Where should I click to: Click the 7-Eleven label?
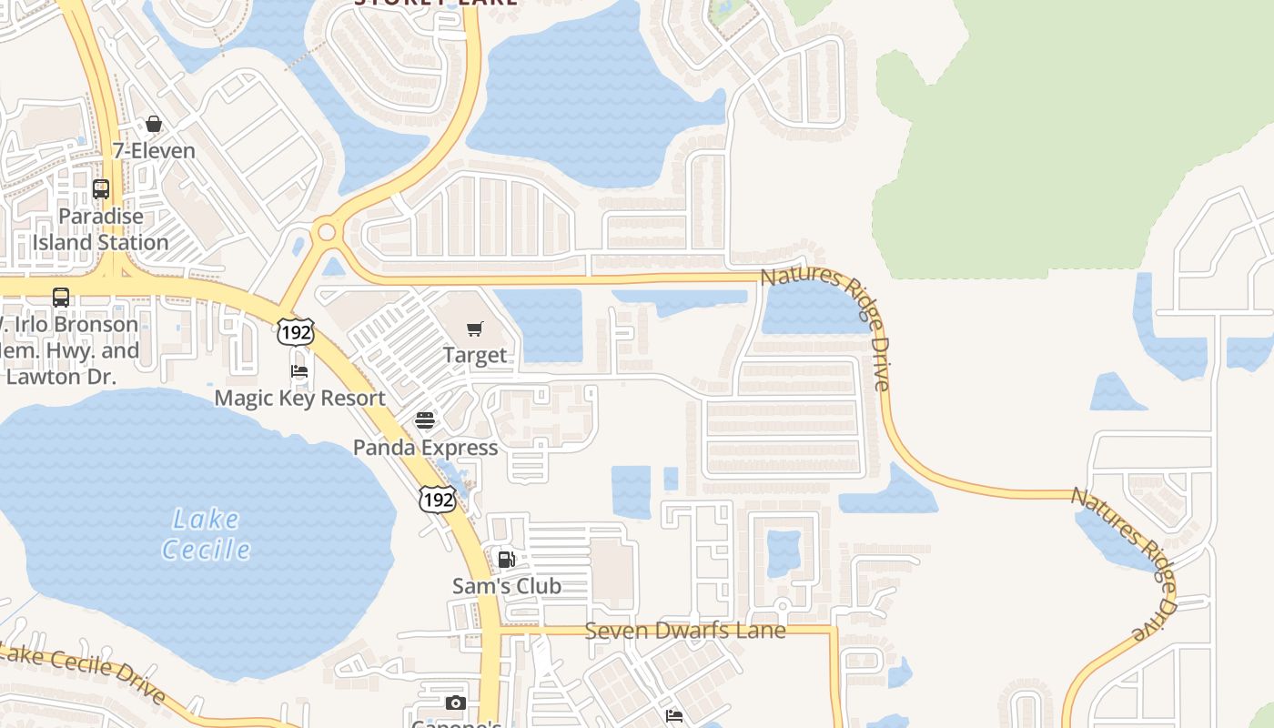[x=154, y=150]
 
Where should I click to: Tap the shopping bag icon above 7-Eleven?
[x=154, y=124]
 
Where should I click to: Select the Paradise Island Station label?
[x=101, y=229]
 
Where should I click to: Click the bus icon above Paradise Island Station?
[x=101, y=189]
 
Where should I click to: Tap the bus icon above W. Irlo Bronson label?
[x=61, y=298]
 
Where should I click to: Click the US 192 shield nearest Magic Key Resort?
[x=296, y=332]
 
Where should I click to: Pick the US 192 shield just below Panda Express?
[x=437, y=499]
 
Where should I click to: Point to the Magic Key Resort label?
[x=299, y=399]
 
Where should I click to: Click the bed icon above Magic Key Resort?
[x=299, y=371]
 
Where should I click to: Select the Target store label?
[x=475, y=355]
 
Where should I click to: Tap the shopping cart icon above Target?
[x=475, y=329]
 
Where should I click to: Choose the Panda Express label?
[x=425, y=448]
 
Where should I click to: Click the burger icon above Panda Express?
[x=425, y=420]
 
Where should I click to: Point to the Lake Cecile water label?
[x=207, y=534]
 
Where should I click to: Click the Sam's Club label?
[x=507, y=587]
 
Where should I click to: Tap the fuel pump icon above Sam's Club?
[x=507, y=560]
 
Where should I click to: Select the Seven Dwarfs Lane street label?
[x=684, y=630]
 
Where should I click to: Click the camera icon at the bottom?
[x=456, y=703]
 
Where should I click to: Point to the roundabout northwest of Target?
[x=326, y=232]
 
